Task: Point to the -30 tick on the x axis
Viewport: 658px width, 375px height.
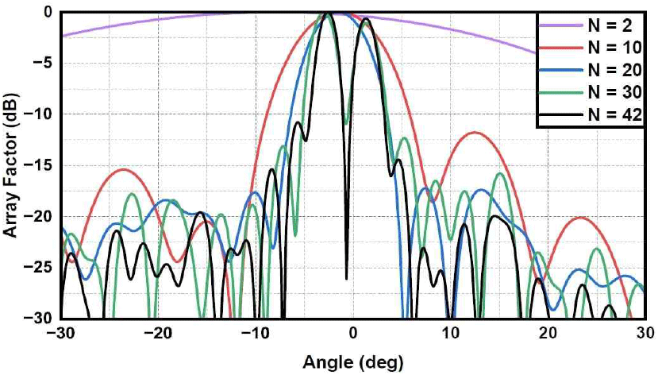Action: tap(61, 334)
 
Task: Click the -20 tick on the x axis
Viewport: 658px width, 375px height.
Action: tap(159, 334)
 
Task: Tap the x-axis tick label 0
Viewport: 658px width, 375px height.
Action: tap(354, 334)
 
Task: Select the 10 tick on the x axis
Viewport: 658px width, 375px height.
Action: tap(451, 334)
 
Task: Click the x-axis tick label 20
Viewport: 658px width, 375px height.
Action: tap(548, 334)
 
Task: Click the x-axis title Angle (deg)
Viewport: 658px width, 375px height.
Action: tap(353, 362)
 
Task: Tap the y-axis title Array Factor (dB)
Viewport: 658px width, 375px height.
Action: tap(11, 164)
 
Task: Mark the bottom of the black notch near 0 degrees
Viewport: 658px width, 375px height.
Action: tap(346, 278)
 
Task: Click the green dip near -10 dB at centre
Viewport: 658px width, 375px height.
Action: tap(346, 123)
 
